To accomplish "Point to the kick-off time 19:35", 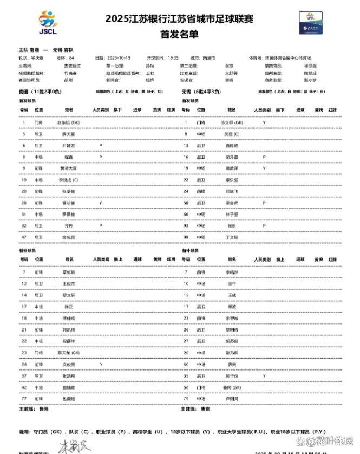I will pos(172,57).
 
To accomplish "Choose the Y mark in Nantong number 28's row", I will pos(101,203).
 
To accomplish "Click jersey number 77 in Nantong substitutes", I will pos(24,399).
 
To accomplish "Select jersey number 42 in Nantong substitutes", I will pos(24,387).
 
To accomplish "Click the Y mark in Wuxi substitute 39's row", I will pos(264,375).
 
